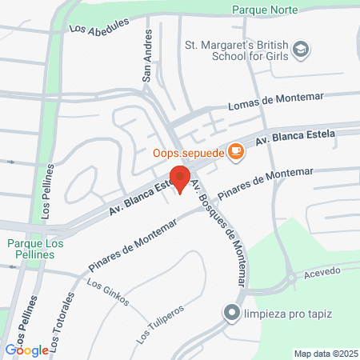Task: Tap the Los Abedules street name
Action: click(x=99, y=27)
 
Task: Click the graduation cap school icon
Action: click(x=301, y=50)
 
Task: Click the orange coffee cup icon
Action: click(x=235, y=150)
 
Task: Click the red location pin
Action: click(x=180, y=179)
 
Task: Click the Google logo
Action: click(x=26, y=350)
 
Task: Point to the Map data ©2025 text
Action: click(x=323, y=353)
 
